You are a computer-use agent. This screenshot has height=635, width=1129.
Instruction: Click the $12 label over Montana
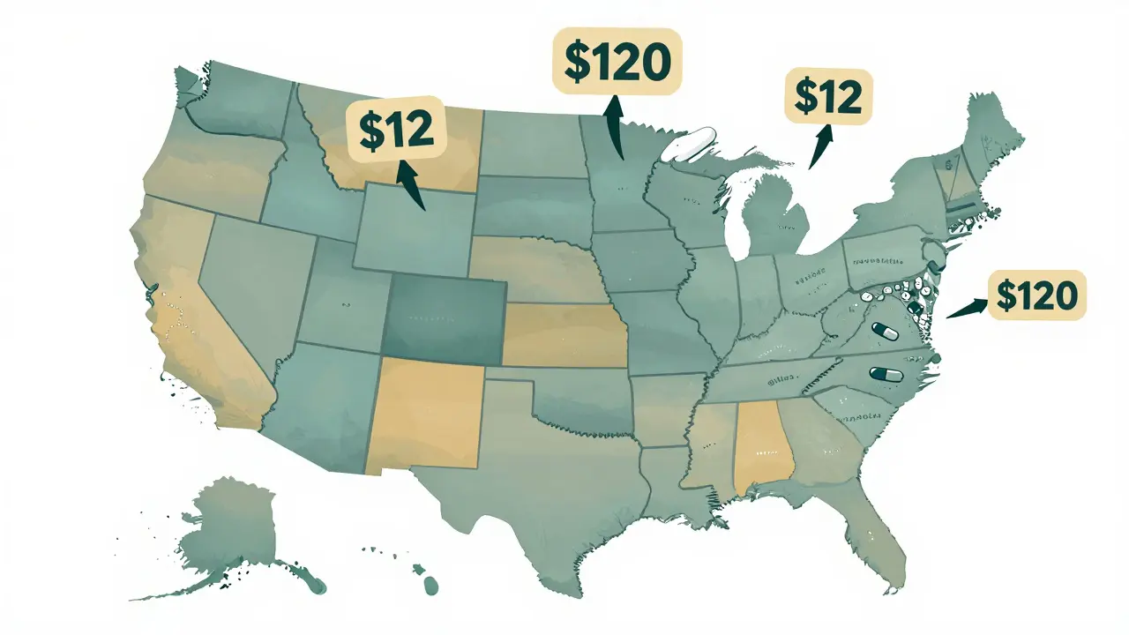[396, 130]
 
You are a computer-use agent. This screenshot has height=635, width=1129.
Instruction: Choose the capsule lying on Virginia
[883, 332]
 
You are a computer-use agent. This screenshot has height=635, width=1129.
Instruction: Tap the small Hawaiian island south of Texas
[430, 585]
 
